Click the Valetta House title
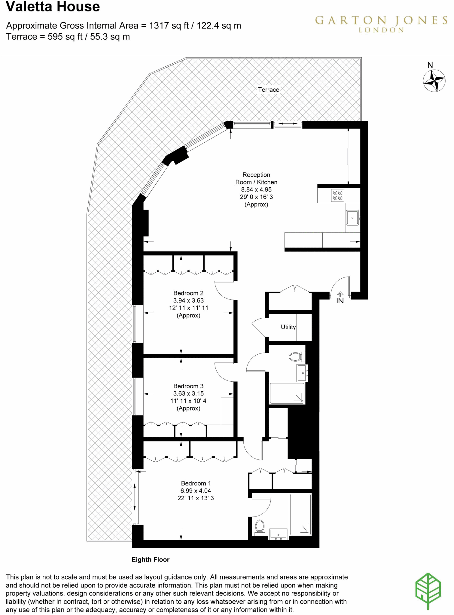53,7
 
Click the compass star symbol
434,80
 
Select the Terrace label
268,89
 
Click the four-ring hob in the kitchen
337,195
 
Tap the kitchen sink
352,217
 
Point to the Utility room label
288,327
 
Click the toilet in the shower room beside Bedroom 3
296,357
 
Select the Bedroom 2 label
188,293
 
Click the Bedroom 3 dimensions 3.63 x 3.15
188,393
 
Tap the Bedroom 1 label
196,483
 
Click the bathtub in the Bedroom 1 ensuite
300,514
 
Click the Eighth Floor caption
150,559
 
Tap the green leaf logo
428,590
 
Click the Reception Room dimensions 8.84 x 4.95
256,189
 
